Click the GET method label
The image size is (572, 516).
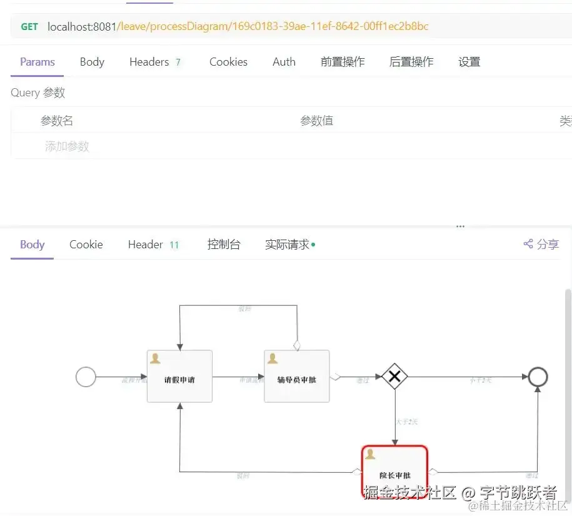click(29, 27)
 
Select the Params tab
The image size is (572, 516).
click(38, 62)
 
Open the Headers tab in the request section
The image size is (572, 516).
click(149, 62)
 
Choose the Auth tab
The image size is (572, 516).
click(284, 62)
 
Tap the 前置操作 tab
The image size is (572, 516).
click(343, 62)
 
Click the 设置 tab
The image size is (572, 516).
click(469, 62)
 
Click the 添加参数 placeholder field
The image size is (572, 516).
click(68, 146)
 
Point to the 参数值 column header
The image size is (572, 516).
click(317, 121)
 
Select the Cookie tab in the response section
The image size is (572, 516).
click(86, 245)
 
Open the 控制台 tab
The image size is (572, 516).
click(224, 245)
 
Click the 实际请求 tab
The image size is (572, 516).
click(288, 245)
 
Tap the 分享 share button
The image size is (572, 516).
click(541, 245)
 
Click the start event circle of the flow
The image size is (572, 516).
click(86, 377)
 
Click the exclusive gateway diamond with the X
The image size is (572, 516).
click(394, 377)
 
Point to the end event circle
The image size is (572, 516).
click(538, 377)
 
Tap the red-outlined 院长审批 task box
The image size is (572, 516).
click(394, 472)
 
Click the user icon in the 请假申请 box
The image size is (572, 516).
click(155, 358)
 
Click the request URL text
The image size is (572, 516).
click(238, 27)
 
